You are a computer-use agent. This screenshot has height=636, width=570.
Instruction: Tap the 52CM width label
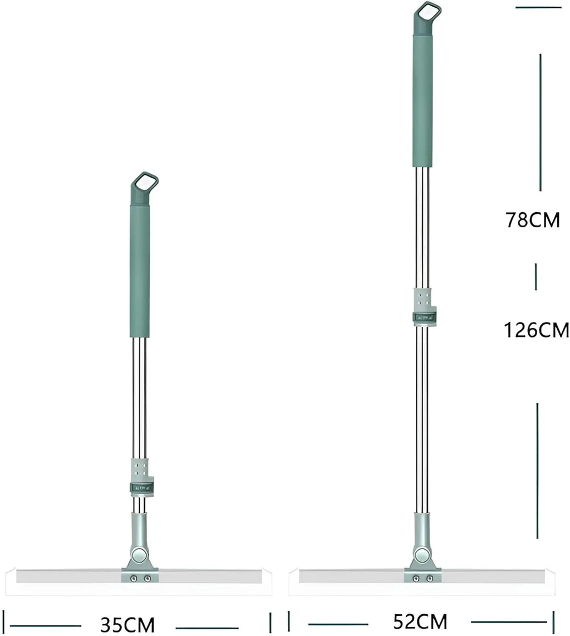click(420, 621)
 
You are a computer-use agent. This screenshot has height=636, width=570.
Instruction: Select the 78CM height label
click(532, 220)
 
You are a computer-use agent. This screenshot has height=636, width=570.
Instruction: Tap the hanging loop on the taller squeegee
click(427, 12)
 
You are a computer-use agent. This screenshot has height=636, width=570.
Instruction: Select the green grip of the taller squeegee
click(422, 100)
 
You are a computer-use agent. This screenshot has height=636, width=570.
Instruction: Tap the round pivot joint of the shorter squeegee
click(140, 555)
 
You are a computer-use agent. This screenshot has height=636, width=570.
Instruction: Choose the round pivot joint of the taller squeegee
click(422, 555)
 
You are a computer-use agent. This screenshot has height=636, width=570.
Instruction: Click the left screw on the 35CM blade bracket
click(132, 579)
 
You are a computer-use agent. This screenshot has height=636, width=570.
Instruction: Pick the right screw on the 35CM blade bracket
click(147, 579)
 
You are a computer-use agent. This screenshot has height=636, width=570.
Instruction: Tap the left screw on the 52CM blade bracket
click(415, 579)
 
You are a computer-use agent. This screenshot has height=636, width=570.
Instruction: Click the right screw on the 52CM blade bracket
click(430, 579)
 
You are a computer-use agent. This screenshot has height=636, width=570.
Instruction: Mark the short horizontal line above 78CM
click(538, 7)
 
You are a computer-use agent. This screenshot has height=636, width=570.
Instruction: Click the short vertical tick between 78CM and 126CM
click(536, 277)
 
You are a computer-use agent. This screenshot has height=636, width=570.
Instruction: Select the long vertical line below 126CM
click(537, 471)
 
